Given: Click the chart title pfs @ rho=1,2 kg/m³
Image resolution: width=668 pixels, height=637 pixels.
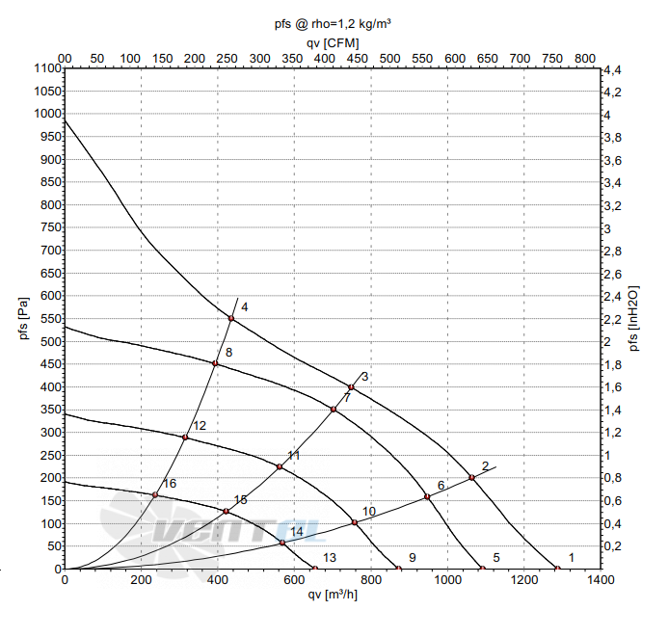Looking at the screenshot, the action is click(333, 24).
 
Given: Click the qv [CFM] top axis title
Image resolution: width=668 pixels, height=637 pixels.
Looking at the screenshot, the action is click(333, 43).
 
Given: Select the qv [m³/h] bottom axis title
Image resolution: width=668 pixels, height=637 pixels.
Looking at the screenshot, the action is click(333, 595).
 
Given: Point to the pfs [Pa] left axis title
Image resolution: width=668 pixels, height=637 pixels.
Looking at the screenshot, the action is click(24, 318).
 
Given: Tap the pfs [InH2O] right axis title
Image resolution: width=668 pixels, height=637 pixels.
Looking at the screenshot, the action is click(634, 318).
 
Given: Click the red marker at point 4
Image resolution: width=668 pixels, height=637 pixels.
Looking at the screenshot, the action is click(231, 318).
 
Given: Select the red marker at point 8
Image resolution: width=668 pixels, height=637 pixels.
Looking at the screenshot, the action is click(215, 363).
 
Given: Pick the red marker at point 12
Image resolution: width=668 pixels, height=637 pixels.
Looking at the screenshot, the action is click(185, 438).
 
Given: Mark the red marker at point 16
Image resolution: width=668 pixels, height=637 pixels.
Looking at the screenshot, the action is click(155, 494).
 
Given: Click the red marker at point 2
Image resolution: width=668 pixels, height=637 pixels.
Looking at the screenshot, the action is click(471, 478).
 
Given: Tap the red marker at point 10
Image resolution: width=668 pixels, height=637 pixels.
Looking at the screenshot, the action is click(355, 522).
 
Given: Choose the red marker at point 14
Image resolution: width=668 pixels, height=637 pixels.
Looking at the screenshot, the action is click(282, 543).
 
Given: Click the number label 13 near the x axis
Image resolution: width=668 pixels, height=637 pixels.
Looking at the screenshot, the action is click(330, 558).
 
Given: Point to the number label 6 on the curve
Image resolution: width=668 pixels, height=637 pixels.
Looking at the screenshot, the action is click(441, 486).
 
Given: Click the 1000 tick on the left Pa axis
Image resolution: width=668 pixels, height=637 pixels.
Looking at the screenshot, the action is click(48, 114).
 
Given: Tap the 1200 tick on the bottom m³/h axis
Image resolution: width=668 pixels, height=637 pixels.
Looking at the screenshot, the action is click(524, 580).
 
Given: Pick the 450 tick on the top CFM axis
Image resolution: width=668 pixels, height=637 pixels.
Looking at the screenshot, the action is click(357, 59).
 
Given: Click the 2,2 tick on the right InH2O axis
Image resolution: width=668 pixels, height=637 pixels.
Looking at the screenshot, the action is click(613, 319).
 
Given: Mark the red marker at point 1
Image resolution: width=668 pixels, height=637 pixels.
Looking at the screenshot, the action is click(557, 569).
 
